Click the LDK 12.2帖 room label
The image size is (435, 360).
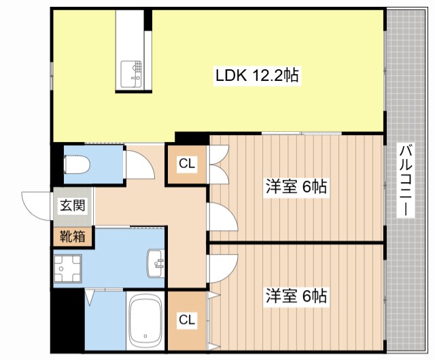click(257, 75)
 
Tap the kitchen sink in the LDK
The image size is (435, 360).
click(133, 73)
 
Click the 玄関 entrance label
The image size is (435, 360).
click(72, 205)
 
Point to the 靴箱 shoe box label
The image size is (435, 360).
click(72, 236)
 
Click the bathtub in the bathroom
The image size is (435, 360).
click(145, 321)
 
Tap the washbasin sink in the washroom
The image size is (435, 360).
click(156, 263)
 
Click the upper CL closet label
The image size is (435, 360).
click(187, 164)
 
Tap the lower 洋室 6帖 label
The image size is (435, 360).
click(296, 296)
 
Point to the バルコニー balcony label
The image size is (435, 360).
click(406, 180)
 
